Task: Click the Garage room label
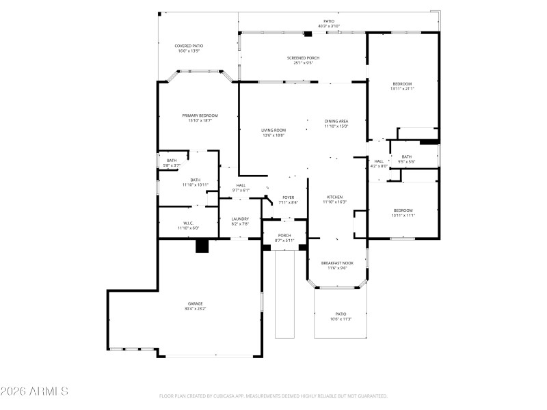tap(196, 303)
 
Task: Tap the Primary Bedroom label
tap(200, 115)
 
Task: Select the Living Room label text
tap(273, 130)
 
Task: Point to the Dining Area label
tap(336, 121)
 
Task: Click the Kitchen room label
tap(334, 197)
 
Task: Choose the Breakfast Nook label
tap(337, 263)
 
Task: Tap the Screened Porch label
tap(303, 58)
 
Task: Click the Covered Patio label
tap(189, 46)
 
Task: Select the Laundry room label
tap(239, 219)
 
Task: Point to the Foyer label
tap(289, 197)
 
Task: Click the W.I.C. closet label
tap(188, 223)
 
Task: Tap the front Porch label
tap(284, 235)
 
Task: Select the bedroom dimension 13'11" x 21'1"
tap(402, 88)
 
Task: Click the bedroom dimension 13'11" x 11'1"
tap(403, 215)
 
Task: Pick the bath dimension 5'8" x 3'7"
tap(171, 165)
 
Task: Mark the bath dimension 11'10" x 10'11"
tap(196, 184)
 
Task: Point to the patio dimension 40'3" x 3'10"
tap(329, 26)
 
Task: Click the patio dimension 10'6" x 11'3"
tap(340, 318)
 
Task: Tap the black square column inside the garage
tap(202, 245)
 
